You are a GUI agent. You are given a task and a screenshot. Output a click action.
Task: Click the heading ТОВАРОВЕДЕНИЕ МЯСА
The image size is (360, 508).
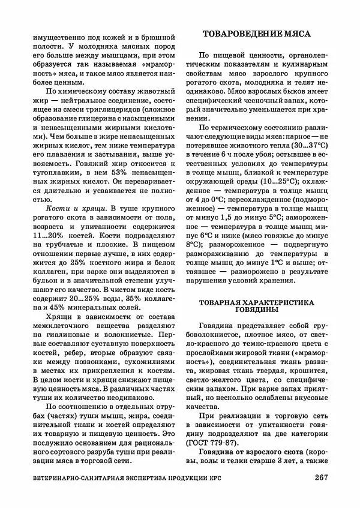point(263,34)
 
